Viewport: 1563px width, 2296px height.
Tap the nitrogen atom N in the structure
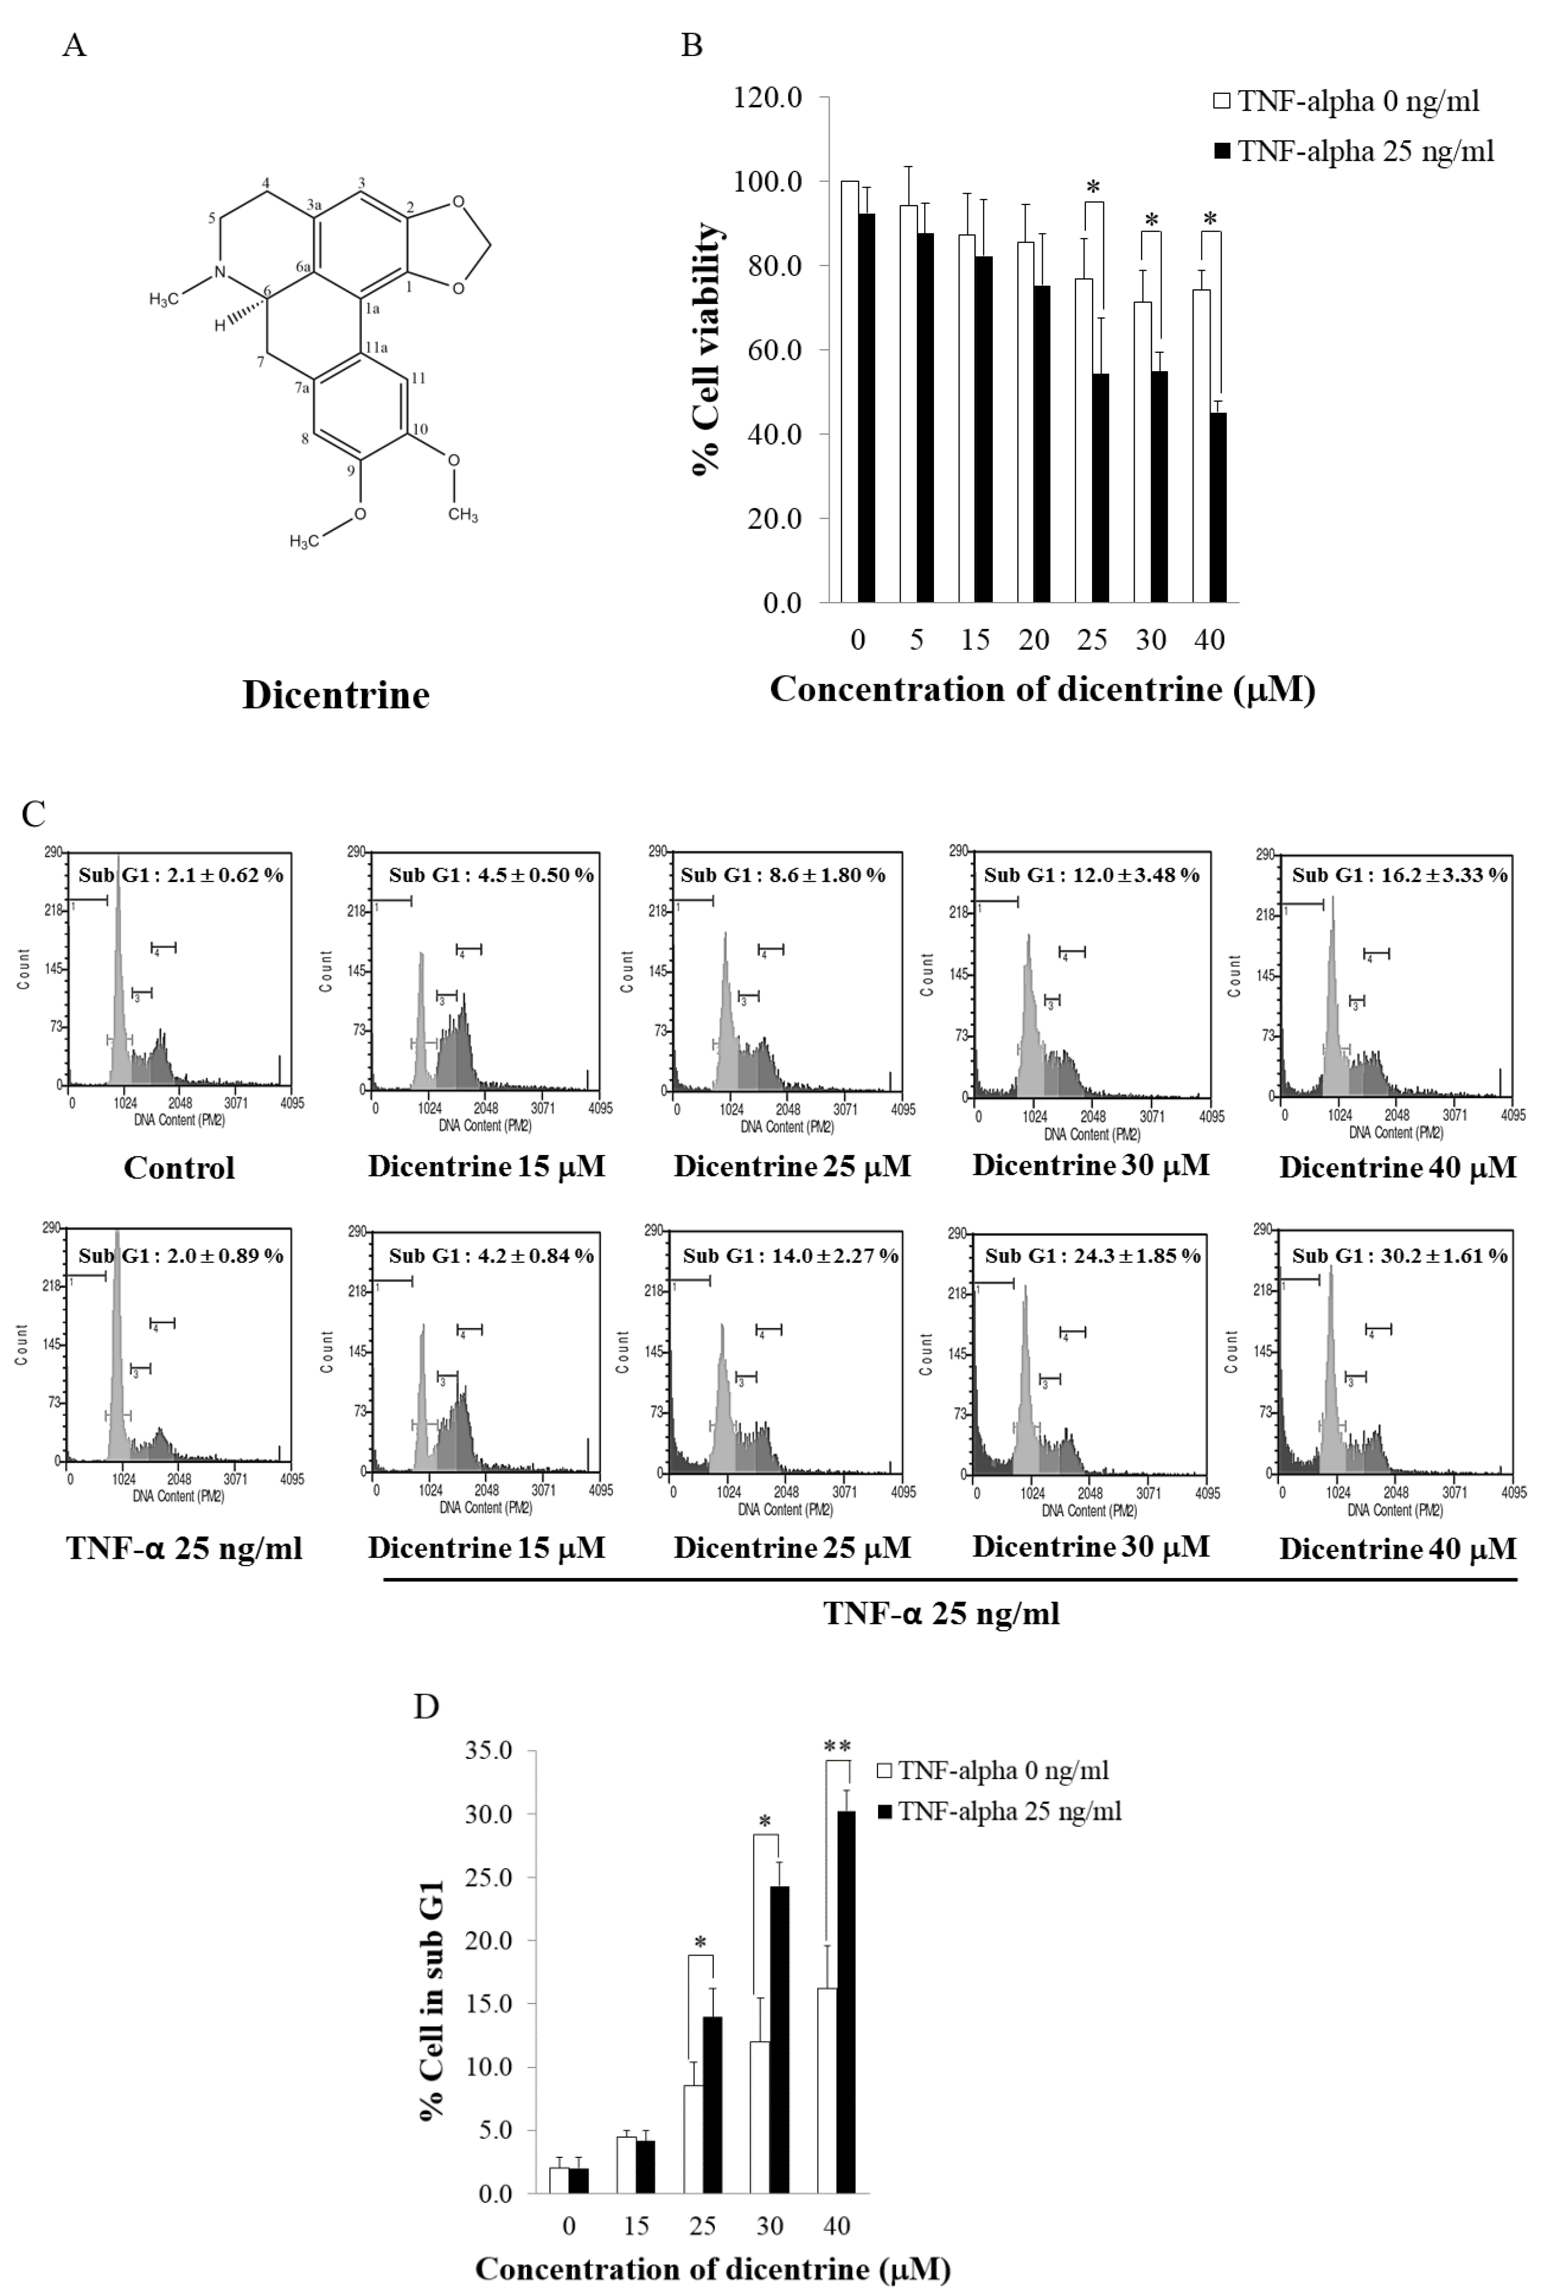[221, 272]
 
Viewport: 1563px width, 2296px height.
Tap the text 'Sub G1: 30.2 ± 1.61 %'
[1399, 1256]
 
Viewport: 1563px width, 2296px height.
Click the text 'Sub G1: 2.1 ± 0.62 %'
[181, 875]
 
